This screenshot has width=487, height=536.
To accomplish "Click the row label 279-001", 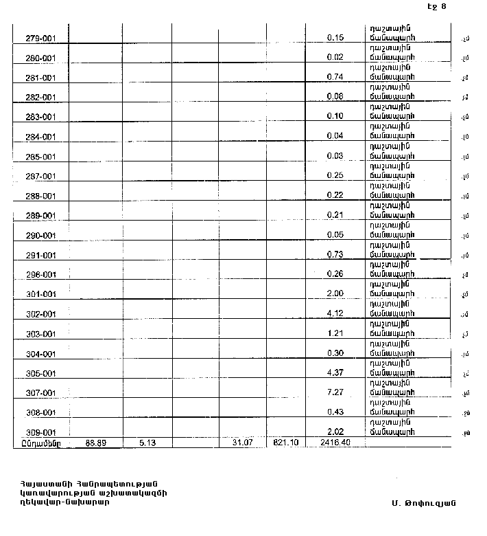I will pos(40,38).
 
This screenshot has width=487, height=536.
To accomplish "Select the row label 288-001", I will pos(40,196).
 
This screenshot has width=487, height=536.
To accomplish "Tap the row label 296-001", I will pos(40,275).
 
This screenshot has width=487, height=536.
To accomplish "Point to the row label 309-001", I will pos(40,433).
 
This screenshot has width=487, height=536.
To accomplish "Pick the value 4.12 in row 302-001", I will pos(335,314).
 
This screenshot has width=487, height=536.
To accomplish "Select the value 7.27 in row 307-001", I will pos(335,393).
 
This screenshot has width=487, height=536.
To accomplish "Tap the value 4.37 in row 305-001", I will pos(335,373).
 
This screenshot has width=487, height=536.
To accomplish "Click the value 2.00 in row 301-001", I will pos(335,294).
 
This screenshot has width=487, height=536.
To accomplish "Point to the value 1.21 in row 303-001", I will pos(335,334).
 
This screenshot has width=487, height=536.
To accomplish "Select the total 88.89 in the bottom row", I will pos(95,443).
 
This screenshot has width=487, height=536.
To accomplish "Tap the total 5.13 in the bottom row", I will pos(147,443).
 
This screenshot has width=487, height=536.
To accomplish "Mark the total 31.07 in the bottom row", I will pos(243,443).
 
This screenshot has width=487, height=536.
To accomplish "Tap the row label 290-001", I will pos(40,236).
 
